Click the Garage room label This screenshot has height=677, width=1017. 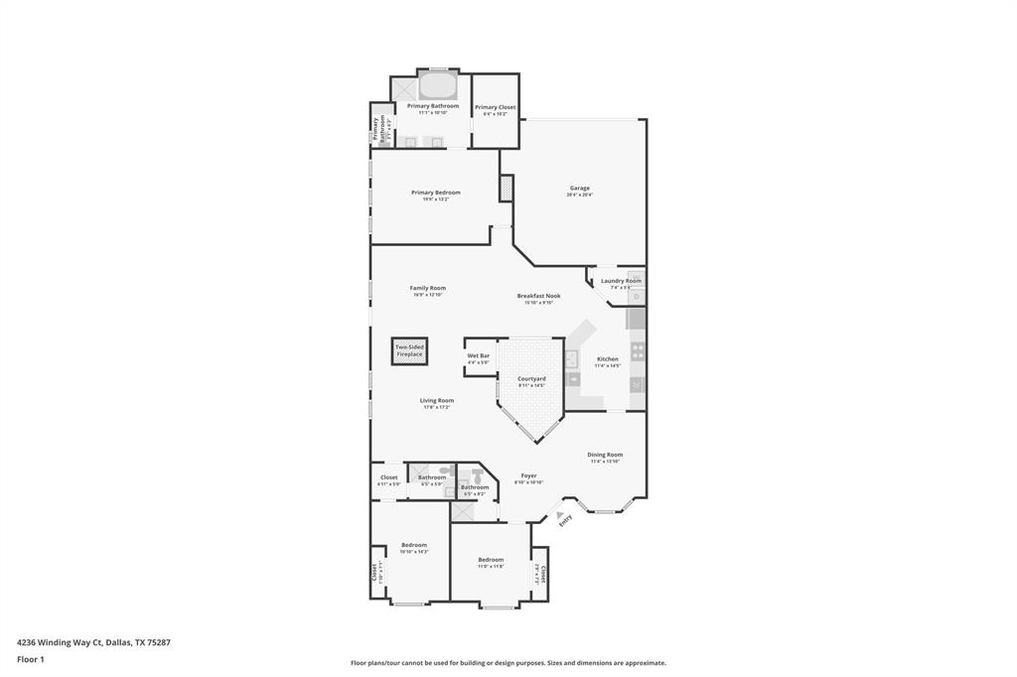(579, 188)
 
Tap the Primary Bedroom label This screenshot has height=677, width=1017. (436, 193)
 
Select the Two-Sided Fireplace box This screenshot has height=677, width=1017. (409, 350)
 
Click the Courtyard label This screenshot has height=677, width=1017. (531, 378)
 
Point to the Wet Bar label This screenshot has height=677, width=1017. (478, 355)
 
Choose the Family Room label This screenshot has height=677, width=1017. (428, 288)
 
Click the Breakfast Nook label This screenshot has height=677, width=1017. (538, 296)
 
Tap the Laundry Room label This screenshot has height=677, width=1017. (621, 281)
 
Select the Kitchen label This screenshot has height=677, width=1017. (607, 359)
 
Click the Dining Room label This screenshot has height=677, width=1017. (605, 455)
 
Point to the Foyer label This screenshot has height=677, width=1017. (528, 475)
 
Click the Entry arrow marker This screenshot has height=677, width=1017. (546, 514)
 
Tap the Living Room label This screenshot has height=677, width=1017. (436, 401)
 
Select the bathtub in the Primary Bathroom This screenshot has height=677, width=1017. (437, 84)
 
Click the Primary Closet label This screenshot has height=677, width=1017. (495, 107)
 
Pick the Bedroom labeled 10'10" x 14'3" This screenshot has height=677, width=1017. (414, 544)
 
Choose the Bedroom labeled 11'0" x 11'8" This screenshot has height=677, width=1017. (491, 560)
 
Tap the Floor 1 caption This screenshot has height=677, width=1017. (31, 659)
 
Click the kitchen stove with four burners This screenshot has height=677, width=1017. (638, 350)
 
